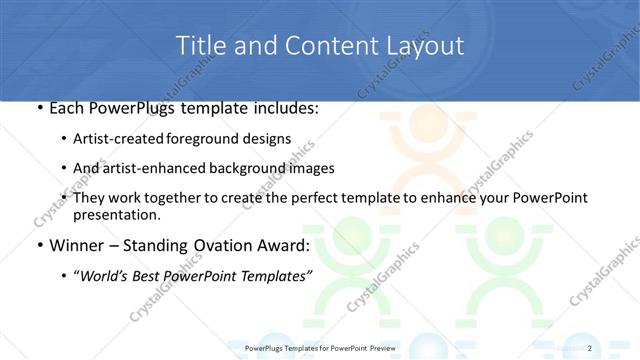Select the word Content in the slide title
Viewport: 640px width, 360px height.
324,46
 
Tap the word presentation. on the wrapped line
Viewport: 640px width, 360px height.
116,214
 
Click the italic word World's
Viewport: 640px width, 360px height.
108,276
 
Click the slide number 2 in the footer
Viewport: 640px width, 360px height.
590,347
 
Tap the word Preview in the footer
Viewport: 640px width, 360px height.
384,347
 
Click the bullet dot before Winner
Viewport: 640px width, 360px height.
39,246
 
